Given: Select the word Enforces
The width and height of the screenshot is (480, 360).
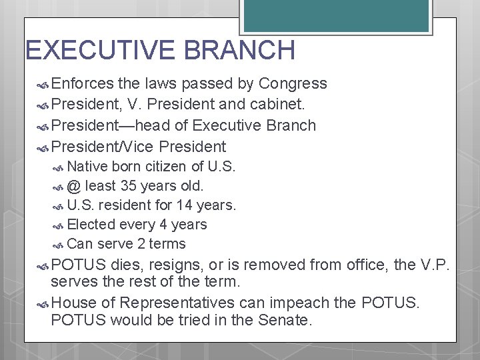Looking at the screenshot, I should pyautogui.click(x=83, y=83).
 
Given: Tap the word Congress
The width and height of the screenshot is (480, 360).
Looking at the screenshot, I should pyautogui.click(x=293, y=83).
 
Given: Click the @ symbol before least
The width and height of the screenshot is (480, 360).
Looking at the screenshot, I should pyautogui.click(x=74, y=186).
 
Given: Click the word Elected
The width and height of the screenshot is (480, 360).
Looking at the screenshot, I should pyautogui.click(x=92, y=225).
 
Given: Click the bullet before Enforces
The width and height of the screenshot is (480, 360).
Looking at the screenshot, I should pyautogui.click(x=42, y=84).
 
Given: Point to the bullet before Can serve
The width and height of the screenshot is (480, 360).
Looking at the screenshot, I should pyautogui.click(x=59, y=245).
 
